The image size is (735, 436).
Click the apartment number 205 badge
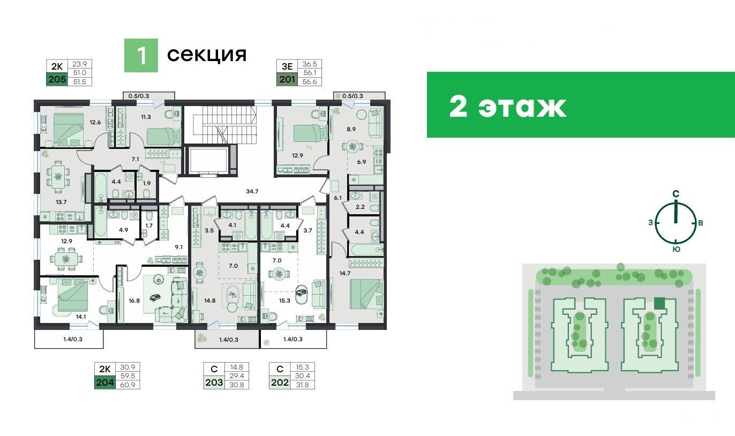(57, 79)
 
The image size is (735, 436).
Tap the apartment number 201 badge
(287, 79)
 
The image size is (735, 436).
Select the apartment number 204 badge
(105, 382)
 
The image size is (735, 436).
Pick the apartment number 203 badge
(214, 382)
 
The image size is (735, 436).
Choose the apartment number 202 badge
(280, 382)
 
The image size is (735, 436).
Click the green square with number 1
(141, 56)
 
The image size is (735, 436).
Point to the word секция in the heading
(207, 55)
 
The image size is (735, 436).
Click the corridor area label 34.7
(252, 191)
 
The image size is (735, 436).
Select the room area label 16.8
(134, 300)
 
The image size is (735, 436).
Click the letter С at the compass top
(676, 194)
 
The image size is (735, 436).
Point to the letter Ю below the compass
(676, 250)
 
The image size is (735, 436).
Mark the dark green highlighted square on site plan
(659, 304)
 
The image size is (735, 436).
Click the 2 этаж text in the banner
(508, 107)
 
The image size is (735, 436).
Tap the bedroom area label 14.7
(345, 273)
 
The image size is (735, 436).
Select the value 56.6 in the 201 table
(310, 82)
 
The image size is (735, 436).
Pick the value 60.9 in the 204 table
(127, 385)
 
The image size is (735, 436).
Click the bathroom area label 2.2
(360, 207)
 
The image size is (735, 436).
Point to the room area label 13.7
(61, 202)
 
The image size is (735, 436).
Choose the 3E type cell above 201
(287, 66)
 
